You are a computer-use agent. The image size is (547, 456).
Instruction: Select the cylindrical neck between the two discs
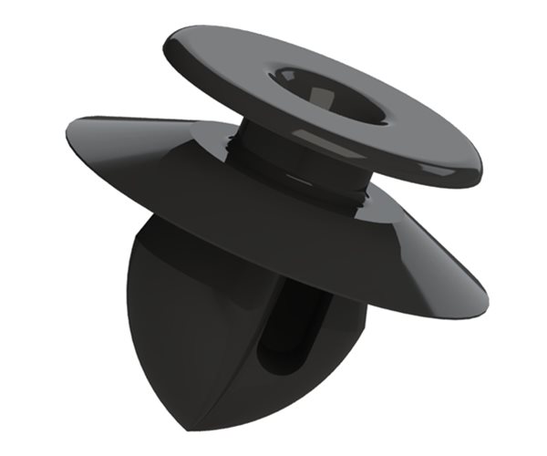click(273, 155)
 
